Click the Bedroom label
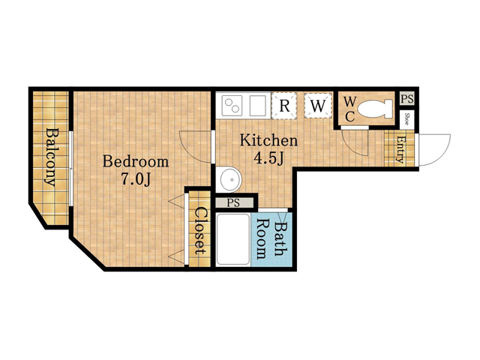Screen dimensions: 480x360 (136, 161)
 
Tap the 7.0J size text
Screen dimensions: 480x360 (136, 179)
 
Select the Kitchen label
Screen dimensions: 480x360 (268, 140)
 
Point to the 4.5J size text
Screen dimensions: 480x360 (268, 158)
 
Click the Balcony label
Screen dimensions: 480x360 (51, 157)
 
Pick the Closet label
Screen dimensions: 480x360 (200, 231)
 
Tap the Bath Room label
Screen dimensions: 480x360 (271, 239)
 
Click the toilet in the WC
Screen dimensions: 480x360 (375, 109)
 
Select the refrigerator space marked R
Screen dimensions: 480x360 (284, 105)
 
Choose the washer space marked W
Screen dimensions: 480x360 (318, 105)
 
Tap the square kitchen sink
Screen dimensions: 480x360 (258, 106)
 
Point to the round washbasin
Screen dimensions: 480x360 (229, 180)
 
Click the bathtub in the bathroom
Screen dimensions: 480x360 (233, 240)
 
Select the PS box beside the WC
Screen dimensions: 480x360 (407, 99)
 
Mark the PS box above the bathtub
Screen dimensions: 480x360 (234, 202)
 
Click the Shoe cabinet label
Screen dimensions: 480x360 (406, 119)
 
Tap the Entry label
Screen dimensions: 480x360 (400, 149)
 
